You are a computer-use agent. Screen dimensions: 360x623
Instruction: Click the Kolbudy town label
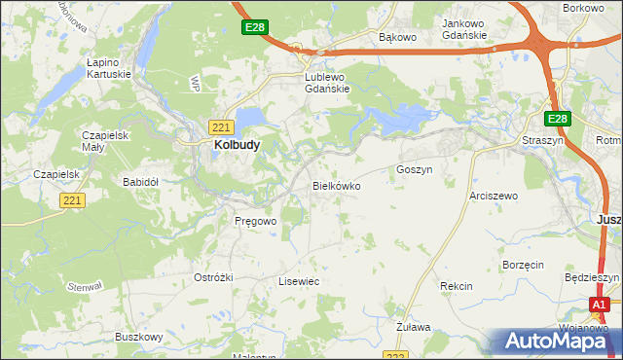click(236, 145)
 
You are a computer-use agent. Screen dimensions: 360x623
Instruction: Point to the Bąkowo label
click(397, 37)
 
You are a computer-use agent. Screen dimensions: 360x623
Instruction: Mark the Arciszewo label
click(494, 196)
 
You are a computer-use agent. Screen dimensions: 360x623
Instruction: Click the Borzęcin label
click(522, 265)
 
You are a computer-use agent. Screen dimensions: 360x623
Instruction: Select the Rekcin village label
click(456, 286)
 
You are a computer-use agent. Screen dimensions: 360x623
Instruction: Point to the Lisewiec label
click(299, 281)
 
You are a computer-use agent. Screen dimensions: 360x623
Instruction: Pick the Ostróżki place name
click(213, 277)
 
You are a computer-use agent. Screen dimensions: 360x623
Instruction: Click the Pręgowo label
click(256, 221)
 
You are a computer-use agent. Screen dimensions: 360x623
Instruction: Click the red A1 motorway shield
click(601, 305)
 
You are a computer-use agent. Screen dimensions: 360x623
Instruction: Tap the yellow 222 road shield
click(392, 354)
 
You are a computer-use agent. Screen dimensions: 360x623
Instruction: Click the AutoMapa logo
click(554, 341)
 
